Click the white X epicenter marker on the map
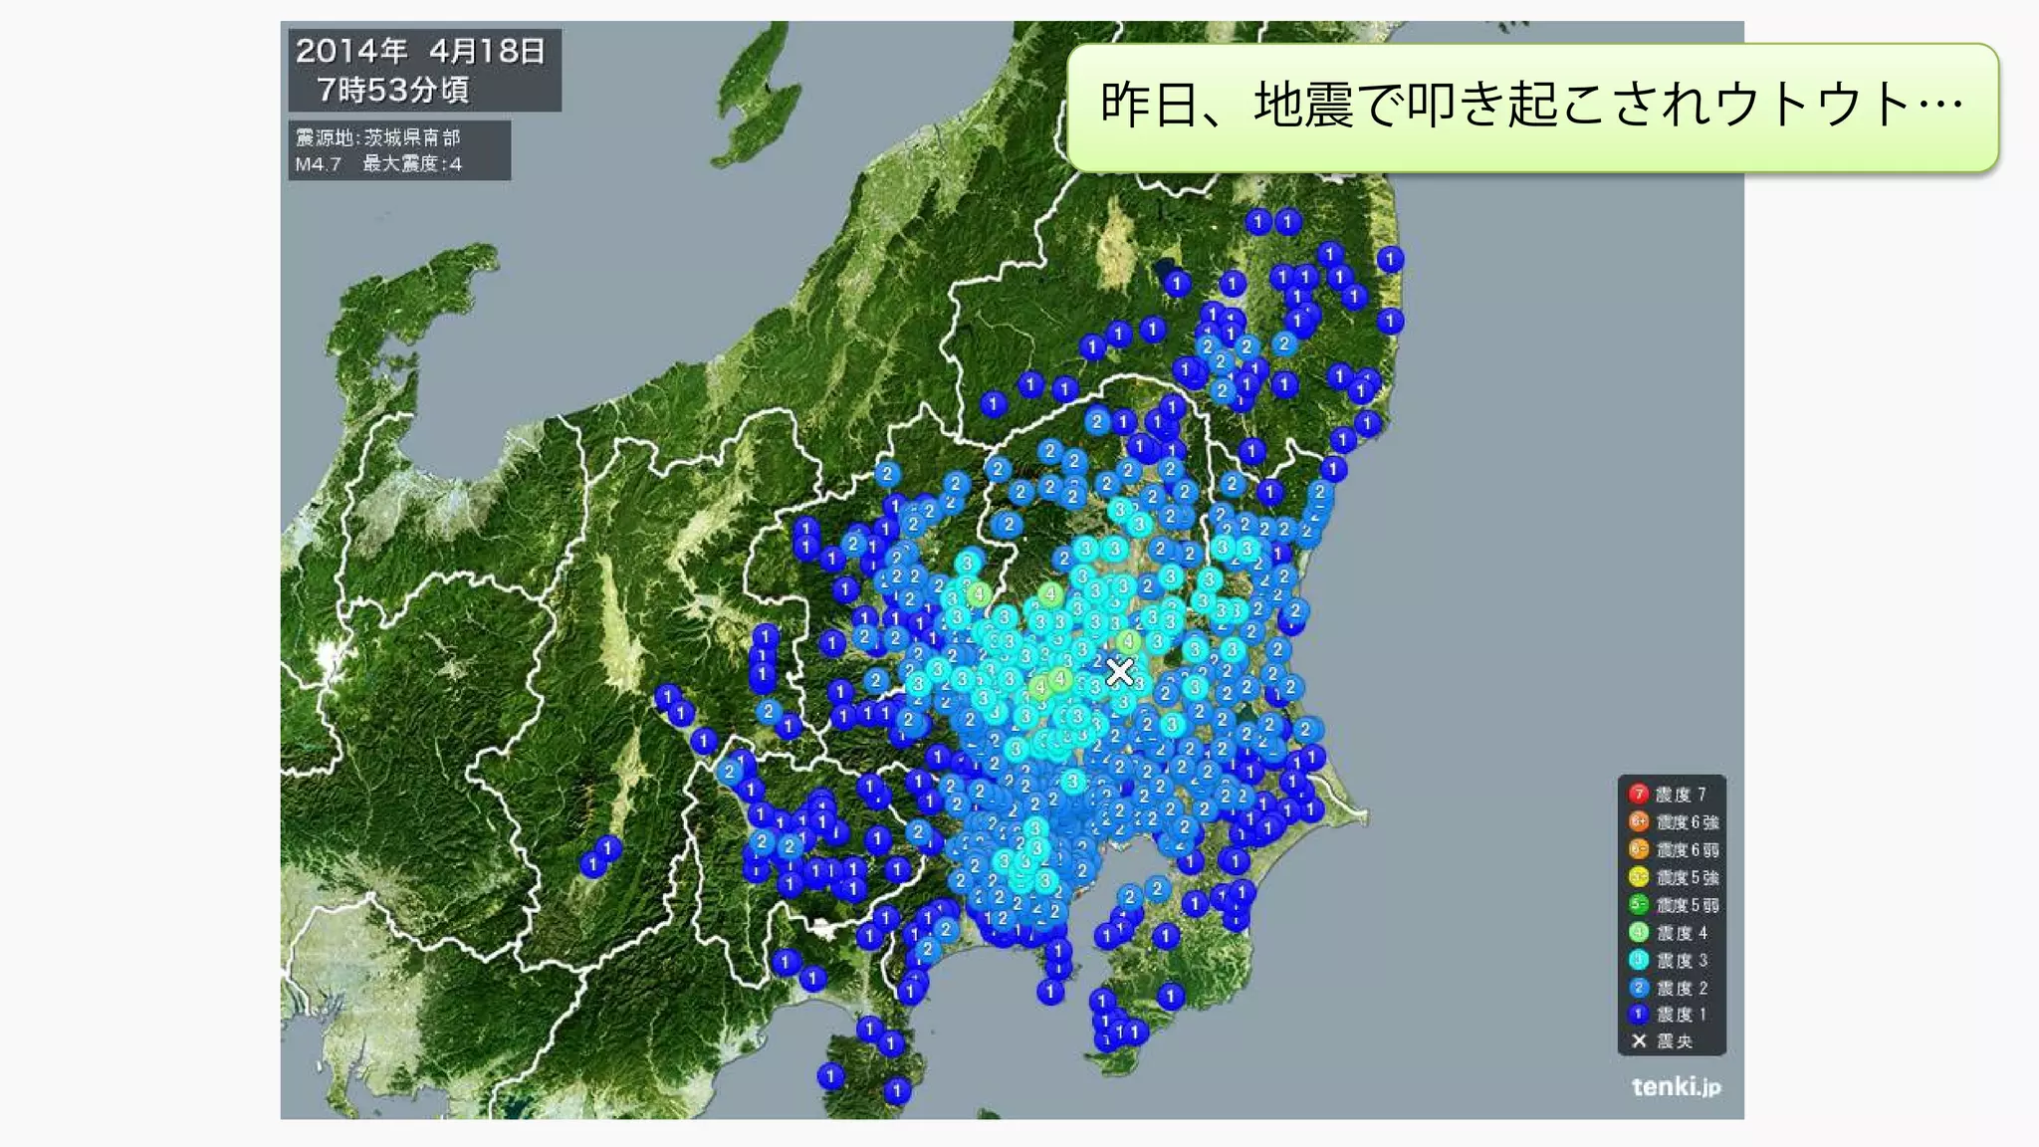pyautogui.click(x=1119, y=672)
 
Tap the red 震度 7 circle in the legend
pyautogui.click(x=1638, y=794)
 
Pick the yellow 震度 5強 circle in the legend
pyautogui.click(x=1638, y=877)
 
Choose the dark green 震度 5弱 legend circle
pyautogui.click(x=1638, y=905)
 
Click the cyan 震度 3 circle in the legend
pyautogui.click(x=1638, y=960)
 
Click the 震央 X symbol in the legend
pyautogui.click(x=1639, y=1041)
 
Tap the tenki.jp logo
pyautogui.click(x=1676, y=1086)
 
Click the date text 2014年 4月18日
pyautogui.click(x=420, y=51)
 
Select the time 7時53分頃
pyautogui.click(x=392, y=91)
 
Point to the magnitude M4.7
pyautogui.click(x=318, y=164)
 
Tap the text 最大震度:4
pyautogui.click(x=412, y=164)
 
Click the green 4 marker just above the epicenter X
pyautogui.click(x=1128, y=641)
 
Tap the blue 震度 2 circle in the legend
pyautogui.click(x=1638, y=988)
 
